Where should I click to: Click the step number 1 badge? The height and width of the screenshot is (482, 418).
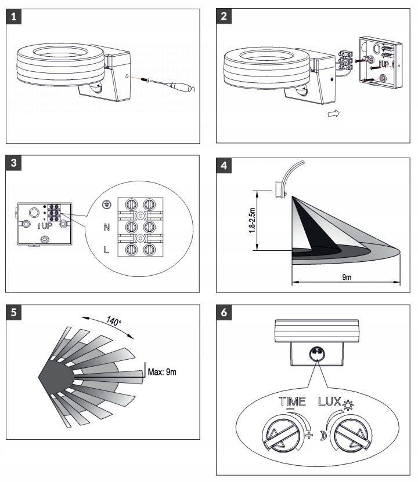(13, 16)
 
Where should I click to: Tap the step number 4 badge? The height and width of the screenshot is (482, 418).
(224, 166)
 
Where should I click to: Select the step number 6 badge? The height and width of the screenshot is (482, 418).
(224, 312)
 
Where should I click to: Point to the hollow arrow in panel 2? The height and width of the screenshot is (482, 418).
(334, 114)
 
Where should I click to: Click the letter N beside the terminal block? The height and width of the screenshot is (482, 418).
(107, 227)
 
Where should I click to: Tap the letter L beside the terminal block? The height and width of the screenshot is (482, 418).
(106, 250)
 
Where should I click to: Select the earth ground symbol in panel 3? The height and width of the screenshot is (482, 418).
(107, 205)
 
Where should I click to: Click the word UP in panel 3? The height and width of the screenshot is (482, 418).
(47, 226)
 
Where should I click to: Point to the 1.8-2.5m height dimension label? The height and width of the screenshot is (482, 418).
(253, 220)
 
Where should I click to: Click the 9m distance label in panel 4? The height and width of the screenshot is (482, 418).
(347, 277)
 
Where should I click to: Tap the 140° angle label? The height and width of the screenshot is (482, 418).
(114, 321)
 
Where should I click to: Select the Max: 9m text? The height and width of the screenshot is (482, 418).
(162, 372)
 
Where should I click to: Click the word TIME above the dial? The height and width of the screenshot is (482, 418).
(293, 401)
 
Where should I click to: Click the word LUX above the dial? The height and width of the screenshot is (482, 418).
(330, 401)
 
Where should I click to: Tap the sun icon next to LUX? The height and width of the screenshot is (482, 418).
(348, 406)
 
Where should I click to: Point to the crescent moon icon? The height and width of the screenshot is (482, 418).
(323, 435)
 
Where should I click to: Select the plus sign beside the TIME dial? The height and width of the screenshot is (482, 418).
(309, 435)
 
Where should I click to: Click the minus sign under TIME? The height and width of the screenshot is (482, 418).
(290, 410)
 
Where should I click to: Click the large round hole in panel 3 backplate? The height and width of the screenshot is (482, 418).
(34, 213)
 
